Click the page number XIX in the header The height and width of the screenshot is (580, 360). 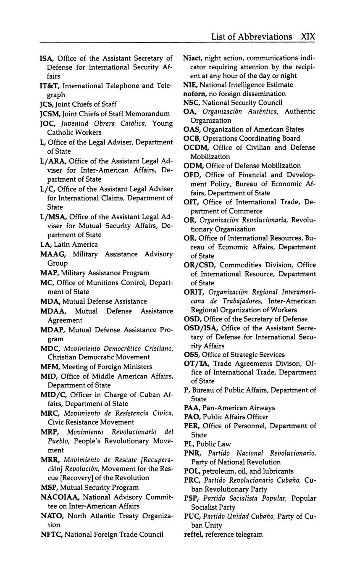pyautogui.click(x=307, y=37)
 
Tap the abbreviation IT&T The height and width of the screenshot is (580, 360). pyautogui.click(x=48, y=86)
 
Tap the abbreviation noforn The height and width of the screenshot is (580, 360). pyautogui.click(x=194, y=94)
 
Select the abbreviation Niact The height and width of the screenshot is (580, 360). pyautogui.click(x=193, y=58)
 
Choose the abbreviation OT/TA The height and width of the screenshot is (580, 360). pyautogui.click(x=197, y=364)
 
